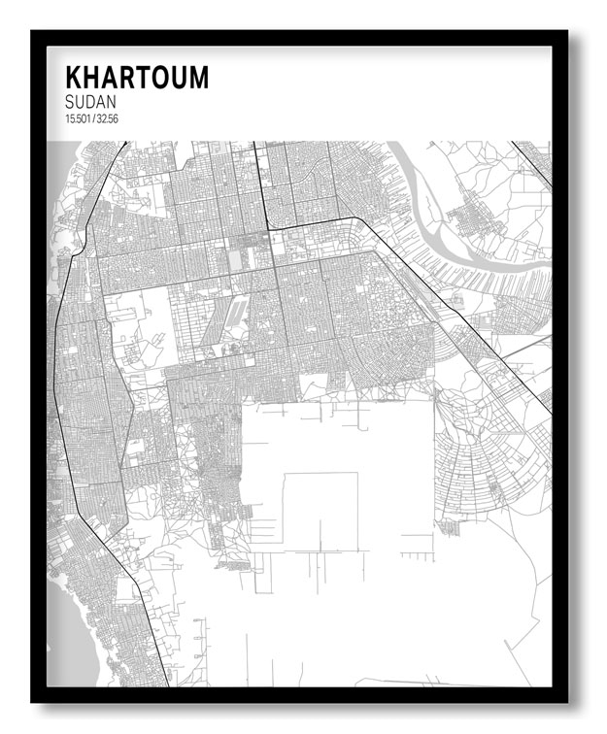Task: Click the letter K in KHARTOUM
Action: [73, 78]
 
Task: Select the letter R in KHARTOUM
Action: [131, 78]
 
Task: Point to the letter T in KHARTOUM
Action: [149, 78]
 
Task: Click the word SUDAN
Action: [90, 102]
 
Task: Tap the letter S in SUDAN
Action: [70, 102]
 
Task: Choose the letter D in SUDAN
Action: [90, 102]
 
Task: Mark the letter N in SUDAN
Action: [112, 102]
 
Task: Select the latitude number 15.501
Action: [76, 118]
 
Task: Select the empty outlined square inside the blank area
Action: [320, 510]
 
